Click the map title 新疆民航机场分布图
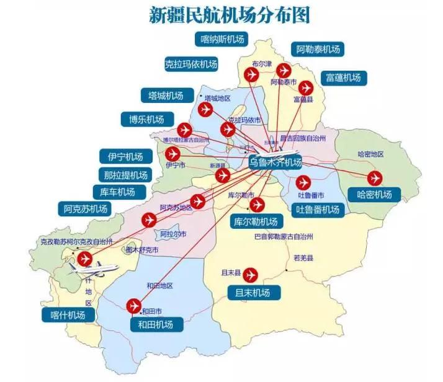coord(230,16)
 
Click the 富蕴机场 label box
coord(343,78)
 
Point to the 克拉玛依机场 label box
coord(191,63)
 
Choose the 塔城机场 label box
coord(166,95)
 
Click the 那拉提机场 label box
coord(126,174)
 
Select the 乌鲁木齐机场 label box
coord(275,162)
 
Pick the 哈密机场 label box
coord(375,194)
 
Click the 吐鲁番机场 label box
coord(318,209)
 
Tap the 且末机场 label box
coord(253,292)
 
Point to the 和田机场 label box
coord(151,323)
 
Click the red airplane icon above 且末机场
coord(251,273)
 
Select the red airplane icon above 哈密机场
coord(375,177)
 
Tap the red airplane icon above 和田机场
coord(133,306)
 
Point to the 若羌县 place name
coord(304,257)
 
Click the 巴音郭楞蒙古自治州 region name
coord(284,236)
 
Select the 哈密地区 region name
coord(371,154)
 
